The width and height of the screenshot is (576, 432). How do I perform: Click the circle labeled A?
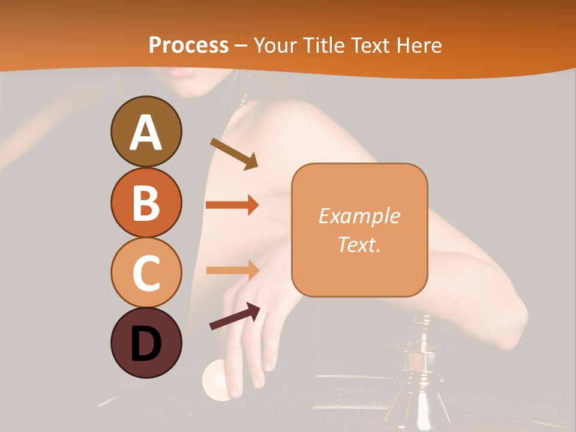[x=146, y=131]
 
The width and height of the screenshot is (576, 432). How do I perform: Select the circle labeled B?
[x=146, y=202]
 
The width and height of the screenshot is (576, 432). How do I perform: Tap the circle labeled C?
[x=146, y=272]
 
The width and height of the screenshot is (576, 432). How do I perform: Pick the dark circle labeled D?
[x=146, y=343]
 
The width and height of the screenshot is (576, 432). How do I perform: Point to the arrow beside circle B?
[x=232, y=205]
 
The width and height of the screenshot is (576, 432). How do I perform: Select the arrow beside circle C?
[x=232, y=270]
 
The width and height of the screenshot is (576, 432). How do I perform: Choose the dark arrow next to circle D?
[x=235, y=316]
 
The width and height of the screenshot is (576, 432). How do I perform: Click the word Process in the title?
[x=188, y=45]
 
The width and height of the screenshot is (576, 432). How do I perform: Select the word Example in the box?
[x=359, y=216]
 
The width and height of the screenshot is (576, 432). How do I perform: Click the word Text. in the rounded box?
[x=359, y=244]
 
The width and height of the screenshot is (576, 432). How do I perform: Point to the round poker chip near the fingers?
[x=215, y=379]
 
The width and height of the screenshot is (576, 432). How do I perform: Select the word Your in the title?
[x=273, y=45]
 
